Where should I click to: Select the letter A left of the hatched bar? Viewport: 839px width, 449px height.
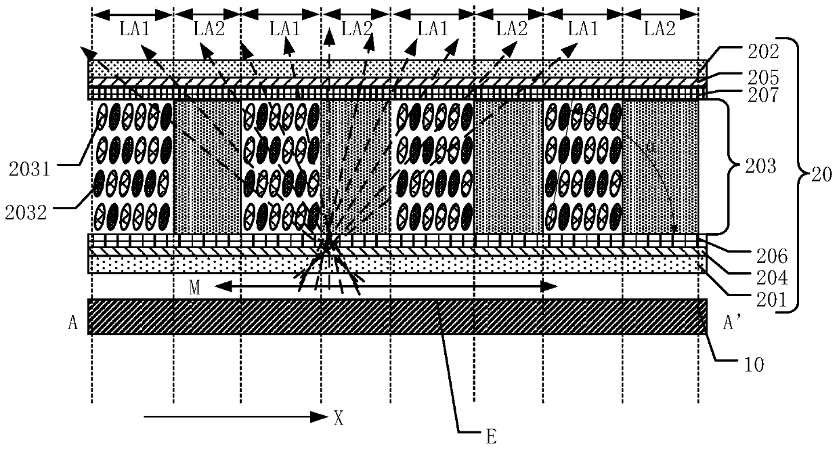coord(72,324)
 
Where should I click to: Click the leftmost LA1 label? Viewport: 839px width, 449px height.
coord(133,29)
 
